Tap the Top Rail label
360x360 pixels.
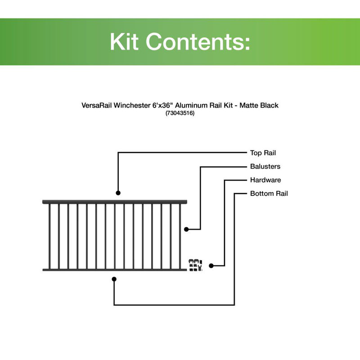(x=263, y=153)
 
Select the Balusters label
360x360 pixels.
(x=265, y=166)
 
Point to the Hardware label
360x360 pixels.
(x=265, y=180)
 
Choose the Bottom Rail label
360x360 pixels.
(x=269, y=193)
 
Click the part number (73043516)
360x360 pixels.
(x=180, y=114)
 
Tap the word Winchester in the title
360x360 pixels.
(x=132, y=105)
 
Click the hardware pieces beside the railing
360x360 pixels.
(x=195, y=265)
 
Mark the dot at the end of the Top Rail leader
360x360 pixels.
(x=118, y=193)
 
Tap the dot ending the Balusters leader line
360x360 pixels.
(x=186, y=229)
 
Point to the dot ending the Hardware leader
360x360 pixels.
(x=211, y=265)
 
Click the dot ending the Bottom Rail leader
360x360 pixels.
(x=114, y=279)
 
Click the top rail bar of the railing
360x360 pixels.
(x=115, y=202)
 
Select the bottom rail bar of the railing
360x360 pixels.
(x=115, y=270)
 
